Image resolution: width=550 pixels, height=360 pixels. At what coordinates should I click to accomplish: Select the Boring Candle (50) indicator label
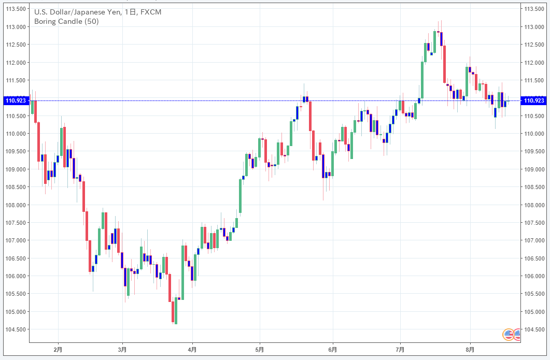pos(66,21)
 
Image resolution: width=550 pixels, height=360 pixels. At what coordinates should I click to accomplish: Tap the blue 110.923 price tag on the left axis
pos(15,100)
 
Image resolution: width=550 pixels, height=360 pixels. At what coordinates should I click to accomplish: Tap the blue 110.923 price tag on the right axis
pos(534,100)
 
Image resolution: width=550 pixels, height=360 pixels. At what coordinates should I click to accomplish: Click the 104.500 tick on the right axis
pos(534,329)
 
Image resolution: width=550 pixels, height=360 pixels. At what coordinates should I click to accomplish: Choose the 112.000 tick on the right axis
pos(534,63)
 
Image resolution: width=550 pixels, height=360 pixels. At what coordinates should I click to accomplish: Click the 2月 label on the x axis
pos(58,350)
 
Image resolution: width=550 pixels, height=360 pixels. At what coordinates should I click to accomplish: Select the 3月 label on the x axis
pos(123,350)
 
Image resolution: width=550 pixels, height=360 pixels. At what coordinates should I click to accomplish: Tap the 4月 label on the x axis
pos(192,350)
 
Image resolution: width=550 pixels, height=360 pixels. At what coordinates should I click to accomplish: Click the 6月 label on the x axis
pos(332,350)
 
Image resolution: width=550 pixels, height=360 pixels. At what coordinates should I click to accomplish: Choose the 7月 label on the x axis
pos(400,350)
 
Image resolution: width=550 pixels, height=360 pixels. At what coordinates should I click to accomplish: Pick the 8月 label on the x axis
pos(470,350)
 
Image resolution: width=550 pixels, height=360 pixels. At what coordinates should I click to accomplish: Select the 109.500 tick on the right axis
pos(534,152)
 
